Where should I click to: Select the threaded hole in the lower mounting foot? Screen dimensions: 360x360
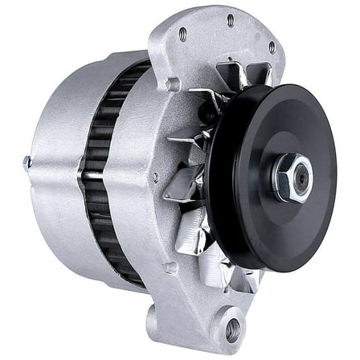coord(232,328)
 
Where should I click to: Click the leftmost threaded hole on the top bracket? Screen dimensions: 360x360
coord(182,34)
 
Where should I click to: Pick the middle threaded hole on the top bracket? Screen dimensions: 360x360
coord(231,20)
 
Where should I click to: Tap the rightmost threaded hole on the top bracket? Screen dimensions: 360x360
coord(272,46)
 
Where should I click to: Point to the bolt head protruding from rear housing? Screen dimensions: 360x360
coord(27,162)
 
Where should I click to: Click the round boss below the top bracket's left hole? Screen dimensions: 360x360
coord(171,83)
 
